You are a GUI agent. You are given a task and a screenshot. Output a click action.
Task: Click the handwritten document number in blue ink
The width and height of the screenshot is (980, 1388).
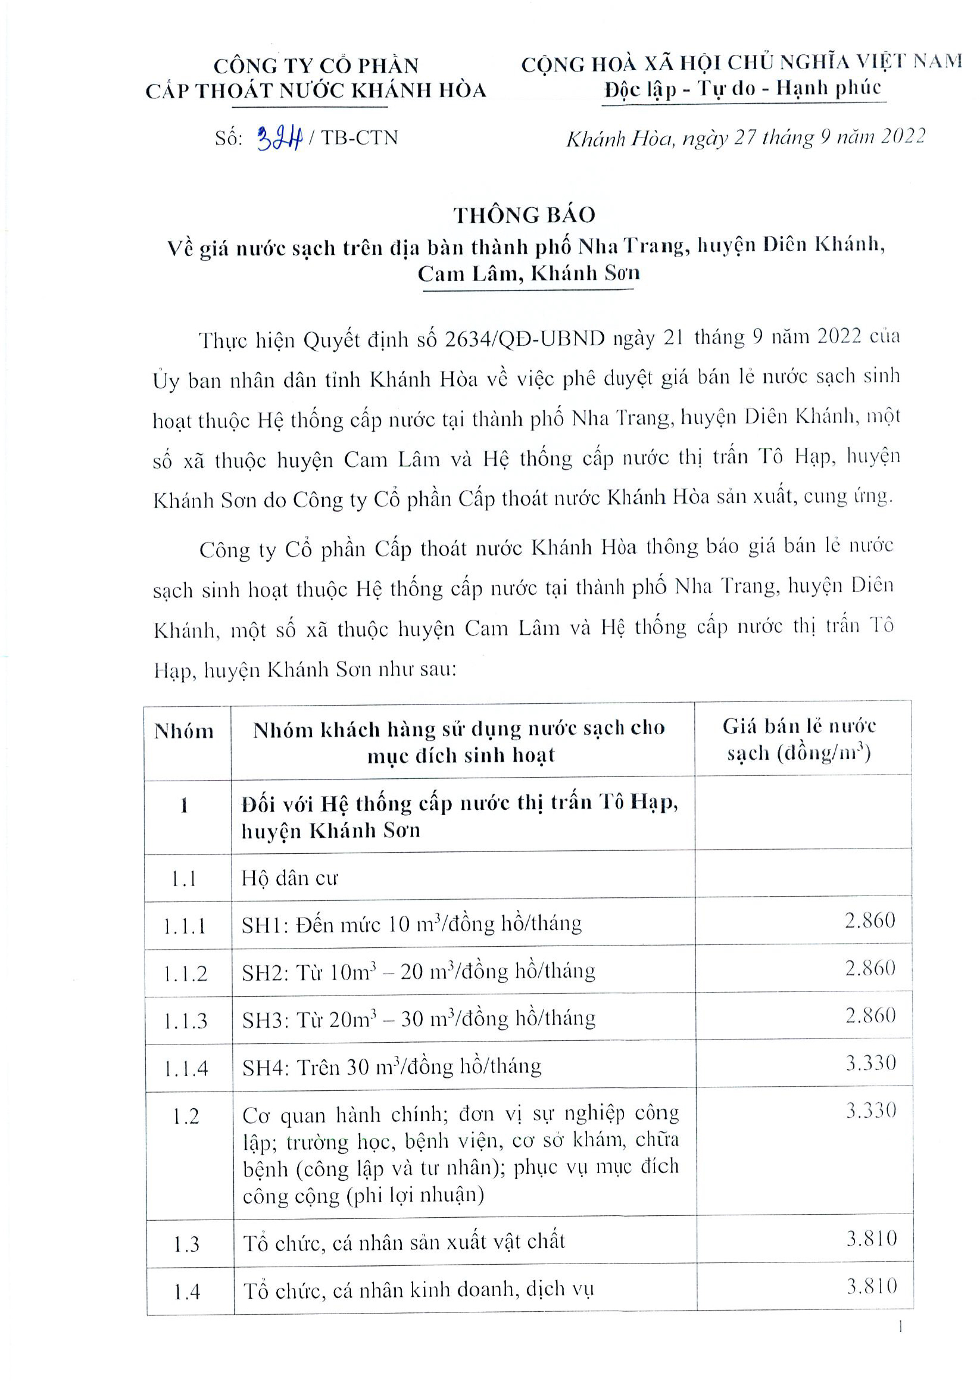pos(279,139)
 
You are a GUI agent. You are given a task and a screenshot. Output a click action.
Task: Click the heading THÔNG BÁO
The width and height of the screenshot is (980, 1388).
pos(524,215)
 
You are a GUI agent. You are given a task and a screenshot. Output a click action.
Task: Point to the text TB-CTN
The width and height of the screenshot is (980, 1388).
pos(359,139)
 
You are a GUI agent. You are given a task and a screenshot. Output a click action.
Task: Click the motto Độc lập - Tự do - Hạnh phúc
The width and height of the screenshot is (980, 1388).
pos(743,89)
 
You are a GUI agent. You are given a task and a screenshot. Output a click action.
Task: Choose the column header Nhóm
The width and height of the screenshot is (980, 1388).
pos(184,732)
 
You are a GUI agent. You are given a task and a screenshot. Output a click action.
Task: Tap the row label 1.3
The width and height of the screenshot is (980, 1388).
pos(186,1245)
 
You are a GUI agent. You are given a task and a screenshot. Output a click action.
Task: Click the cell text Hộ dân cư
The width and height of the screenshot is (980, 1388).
pos(290,878)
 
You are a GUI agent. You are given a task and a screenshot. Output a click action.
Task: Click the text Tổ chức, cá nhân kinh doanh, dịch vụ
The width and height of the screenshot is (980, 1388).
pos(418,1291)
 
